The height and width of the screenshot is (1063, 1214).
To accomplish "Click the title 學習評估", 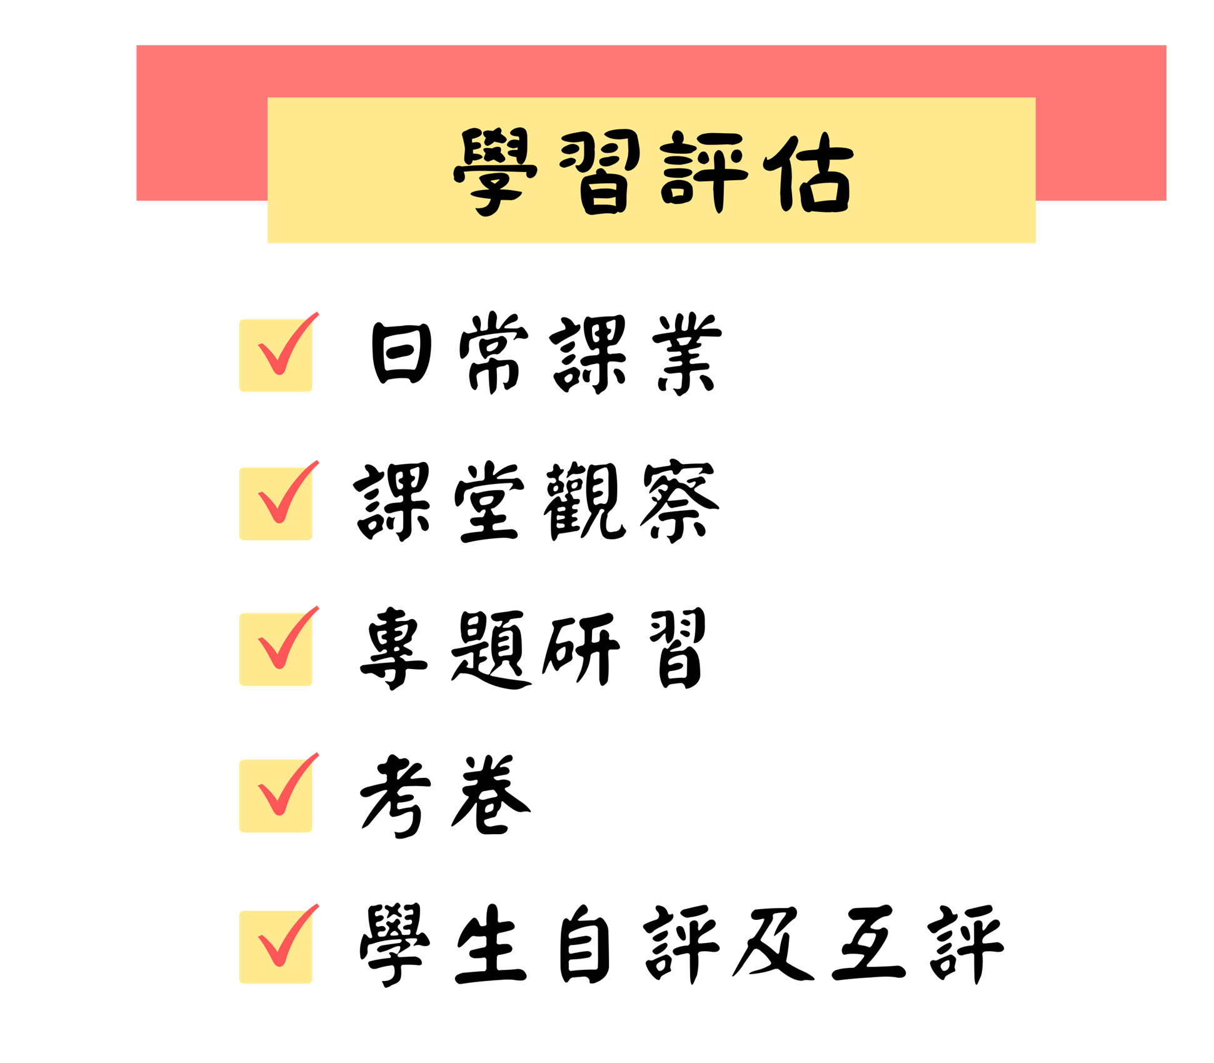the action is click(653, 171).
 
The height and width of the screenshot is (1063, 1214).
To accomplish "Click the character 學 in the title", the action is click(495, 172).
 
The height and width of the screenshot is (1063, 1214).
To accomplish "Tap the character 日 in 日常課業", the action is click(401, 353).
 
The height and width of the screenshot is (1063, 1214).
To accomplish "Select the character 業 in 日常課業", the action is click(687, 354).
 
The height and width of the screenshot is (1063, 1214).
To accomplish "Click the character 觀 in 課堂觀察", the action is click(584, 501).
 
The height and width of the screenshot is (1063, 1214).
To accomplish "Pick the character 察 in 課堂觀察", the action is click(680, 501).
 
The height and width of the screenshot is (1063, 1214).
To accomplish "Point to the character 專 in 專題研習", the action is click(394, 648).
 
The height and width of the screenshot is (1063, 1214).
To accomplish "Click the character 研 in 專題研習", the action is click(581, 648).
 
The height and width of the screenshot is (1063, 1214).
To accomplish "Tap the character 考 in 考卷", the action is click(395, 796).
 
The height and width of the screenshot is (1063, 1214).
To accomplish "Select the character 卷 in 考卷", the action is click(491, 795).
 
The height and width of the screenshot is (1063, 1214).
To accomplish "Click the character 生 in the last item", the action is click(490, 945).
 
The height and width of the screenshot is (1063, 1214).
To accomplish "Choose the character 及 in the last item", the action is click(773, 944).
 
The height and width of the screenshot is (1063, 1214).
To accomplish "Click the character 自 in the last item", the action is click(584, 945).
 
